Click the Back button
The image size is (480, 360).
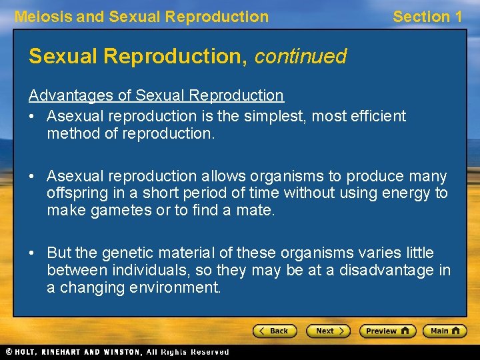(x=275, y=331)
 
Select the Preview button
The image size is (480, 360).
(x=387, y=331)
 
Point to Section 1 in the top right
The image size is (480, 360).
(x=427, y=17)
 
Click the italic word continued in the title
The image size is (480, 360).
(x=300, y=57)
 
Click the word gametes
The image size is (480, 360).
(x=119, y=211)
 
